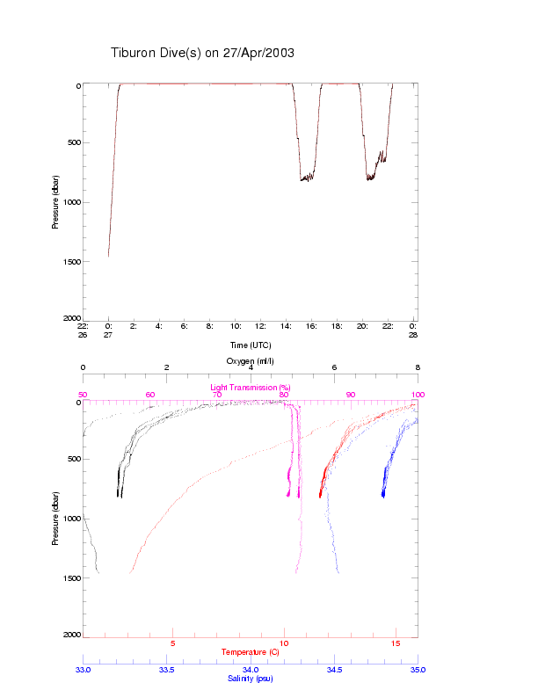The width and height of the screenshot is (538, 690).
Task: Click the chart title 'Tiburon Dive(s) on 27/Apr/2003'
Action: [202, 53]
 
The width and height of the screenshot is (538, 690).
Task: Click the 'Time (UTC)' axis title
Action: [251, 345]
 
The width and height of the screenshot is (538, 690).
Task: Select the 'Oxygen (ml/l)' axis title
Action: [251, 361]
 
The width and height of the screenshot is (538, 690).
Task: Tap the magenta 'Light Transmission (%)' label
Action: [251, 387]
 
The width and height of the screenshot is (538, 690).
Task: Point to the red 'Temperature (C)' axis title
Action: [251, 652]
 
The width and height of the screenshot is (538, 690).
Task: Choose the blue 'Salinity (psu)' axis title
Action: [251, 678]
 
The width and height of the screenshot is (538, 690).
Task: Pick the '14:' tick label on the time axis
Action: [286, 325]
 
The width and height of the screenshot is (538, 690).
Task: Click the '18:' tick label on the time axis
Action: [337, 325]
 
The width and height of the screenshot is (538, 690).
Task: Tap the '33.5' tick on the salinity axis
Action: [167, 669]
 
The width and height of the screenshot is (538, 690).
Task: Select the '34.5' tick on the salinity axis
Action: [334, 669]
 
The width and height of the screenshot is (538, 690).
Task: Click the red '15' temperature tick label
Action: [395, 643]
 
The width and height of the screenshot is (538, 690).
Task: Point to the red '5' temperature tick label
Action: [173, 643]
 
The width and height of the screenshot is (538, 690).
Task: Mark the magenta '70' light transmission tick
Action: [217, 395]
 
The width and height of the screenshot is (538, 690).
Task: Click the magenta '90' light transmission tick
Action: [351, 395]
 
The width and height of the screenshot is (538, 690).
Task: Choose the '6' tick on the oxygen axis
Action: [334, 367]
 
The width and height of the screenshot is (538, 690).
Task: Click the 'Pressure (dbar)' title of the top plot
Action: [55, 201]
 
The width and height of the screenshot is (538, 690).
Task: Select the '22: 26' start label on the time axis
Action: [83, 330]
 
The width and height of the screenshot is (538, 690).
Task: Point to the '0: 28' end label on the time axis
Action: [413, 330]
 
